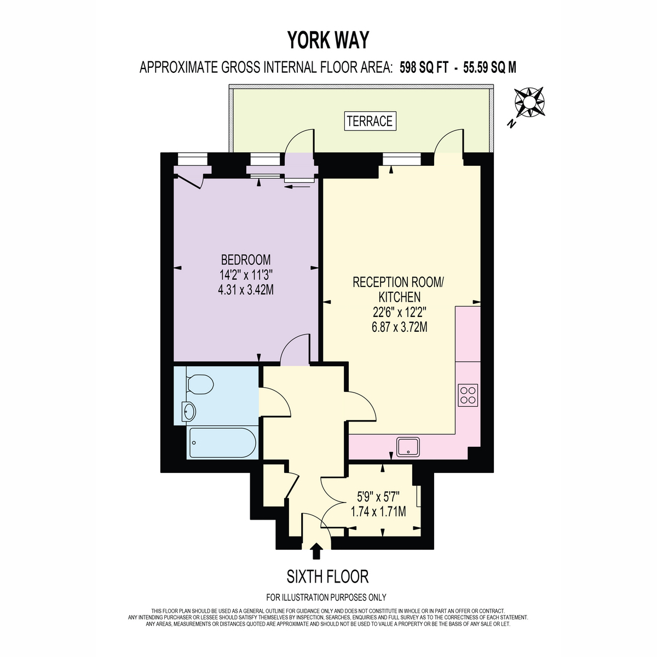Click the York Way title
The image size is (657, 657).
(328, 40)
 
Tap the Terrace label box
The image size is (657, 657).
(370, 121)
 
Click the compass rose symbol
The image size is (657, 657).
(529, 102)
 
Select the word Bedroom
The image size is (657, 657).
(246, 260)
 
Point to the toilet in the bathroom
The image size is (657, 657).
(199, 384)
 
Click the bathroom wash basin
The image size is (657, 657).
(189, 412)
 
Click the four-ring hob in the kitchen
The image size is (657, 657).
(468, 395)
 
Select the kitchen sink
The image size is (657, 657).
(408, 446)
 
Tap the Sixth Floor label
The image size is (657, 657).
(327, 577)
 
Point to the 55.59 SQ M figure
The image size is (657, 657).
(489, 67)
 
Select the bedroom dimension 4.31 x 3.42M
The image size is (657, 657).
(246, 290)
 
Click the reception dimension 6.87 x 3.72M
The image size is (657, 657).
(400, 327)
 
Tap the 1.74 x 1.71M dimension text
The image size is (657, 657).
(378, 512)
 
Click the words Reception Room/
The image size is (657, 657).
(398, 283)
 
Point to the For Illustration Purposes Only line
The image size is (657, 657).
(326, 597)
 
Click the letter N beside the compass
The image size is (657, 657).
(511, 124)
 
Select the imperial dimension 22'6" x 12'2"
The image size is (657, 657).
(400, 312)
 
